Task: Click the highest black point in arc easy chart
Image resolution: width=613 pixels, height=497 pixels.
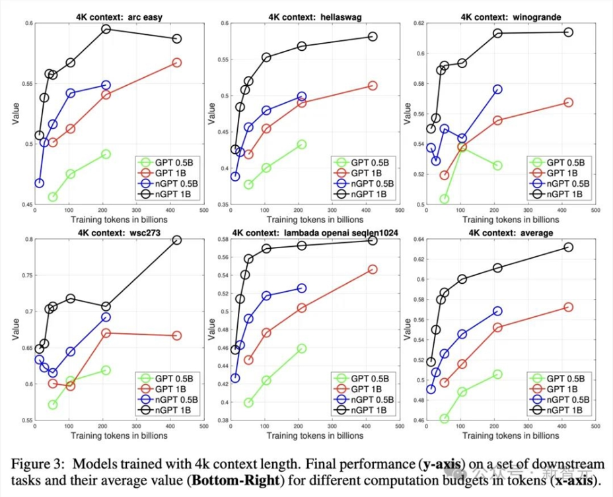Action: coord(106,29)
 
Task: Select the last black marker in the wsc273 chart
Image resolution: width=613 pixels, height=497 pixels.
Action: coord(176,240)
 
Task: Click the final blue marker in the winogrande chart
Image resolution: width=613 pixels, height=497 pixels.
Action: coord(497,89)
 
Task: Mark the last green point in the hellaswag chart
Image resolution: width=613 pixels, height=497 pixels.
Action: coord(301,144)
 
